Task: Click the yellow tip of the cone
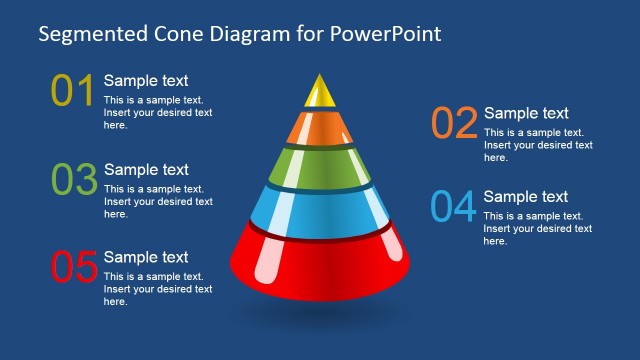[x=319, y=92]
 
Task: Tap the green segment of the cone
[x=319, y=165]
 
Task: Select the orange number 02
[x=454, y=123]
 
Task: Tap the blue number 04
[x=453, y=207]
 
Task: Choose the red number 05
[x=73, y=268]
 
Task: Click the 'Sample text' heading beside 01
[x=146, y=81]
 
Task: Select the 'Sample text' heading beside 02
[x=526, y=113]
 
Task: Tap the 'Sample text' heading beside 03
[x=146, y=169]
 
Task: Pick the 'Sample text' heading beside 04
[x=526, y=197]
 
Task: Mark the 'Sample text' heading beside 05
[x=146, y=257]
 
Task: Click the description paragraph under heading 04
[x=538, y=228]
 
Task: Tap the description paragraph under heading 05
[x=158, y=289]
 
